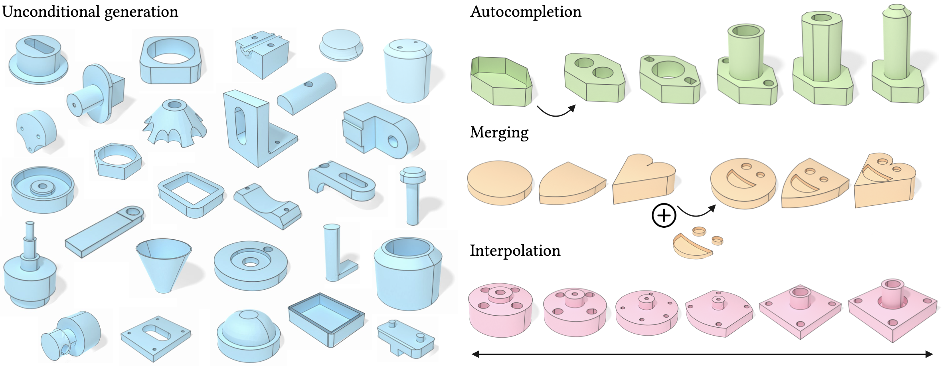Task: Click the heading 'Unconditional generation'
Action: (90, 12)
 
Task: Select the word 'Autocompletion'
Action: (526, 12)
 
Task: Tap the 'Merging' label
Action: (499, 133)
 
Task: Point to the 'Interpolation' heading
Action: (515, 251)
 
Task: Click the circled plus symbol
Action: (664, 216)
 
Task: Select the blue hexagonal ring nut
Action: (118, 161)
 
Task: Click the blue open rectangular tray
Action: (326, 319)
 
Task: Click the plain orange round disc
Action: (500, 183)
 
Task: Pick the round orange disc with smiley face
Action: (743, 183)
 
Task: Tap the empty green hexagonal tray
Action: (501, 82)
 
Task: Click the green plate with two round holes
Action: (594, 78)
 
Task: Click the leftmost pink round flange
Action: (500, 310)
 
